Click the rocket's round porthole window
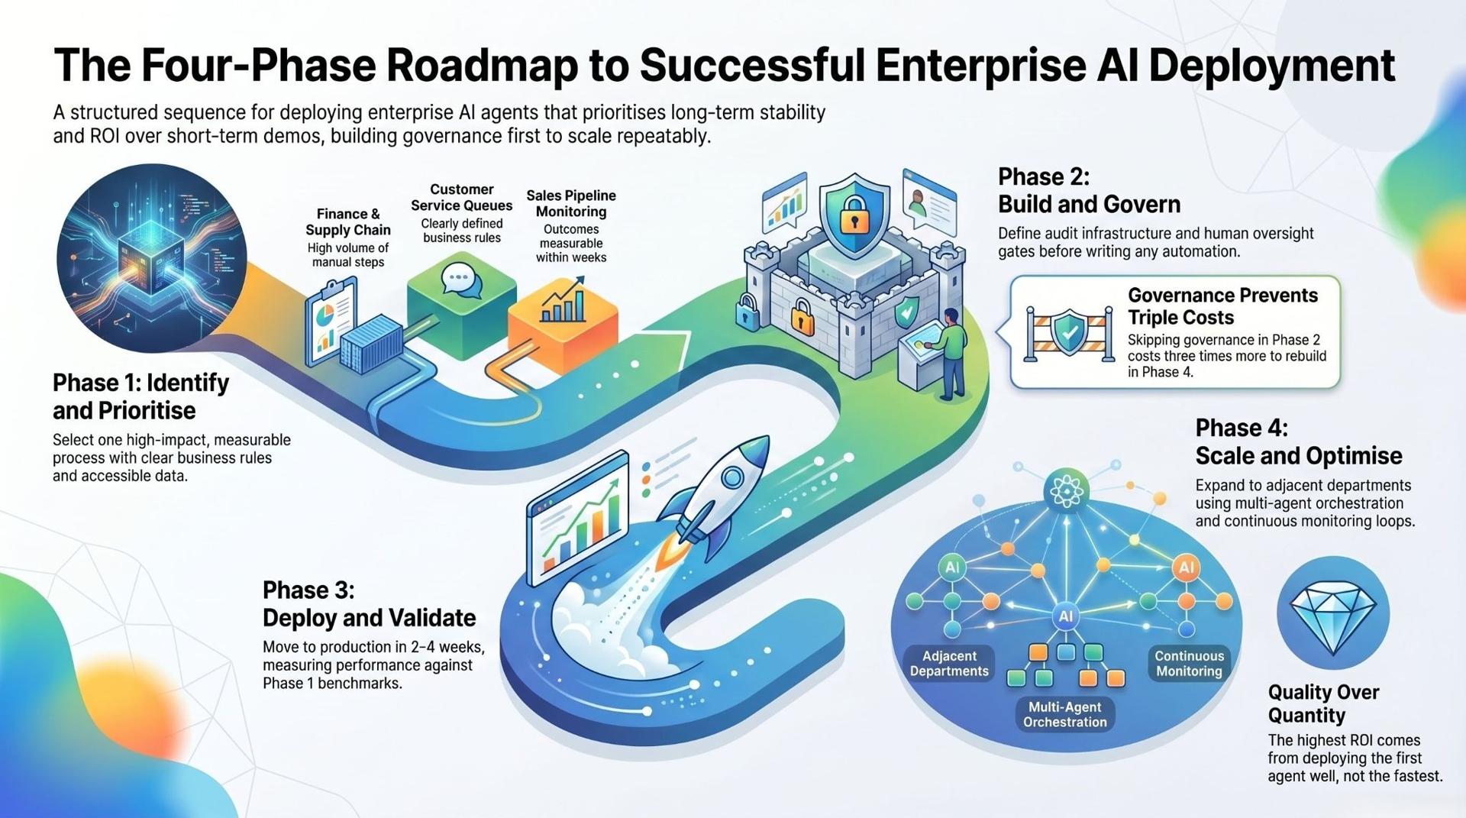pyautogui.click(x=732, y=478)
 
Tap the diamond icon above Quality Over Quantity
pyautogui.click(x=1333, y=616)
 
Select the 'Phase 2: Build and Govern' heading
pyautogui.click(x=1089, y=191)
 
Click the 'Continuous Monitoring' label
pyautogui.click(x=1189, y=664)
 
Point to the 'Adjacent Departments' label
pyautogui.click(x=949, y=664)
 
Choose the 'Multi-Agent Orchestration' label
pyautogui.click(x=1064, y=715)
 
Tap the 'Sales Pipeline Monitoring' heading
pyautogui.click(x=571, y=204)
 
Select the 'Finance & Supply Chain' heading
pyautogui.click(x=348, y=222)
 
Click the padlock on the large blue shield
pyautogui.click(x=854, y=217)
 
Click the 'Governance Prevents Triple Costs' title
pyautogui.click(x=1222, y=306)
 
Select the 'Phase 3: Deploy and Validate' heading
pyautogui.click(x=369, y=603)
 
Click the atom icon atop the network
pyautogui.click(x=1066, y=490)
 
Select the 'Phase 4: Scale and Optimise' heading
pyautogui.click(x=1298, y=441)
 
